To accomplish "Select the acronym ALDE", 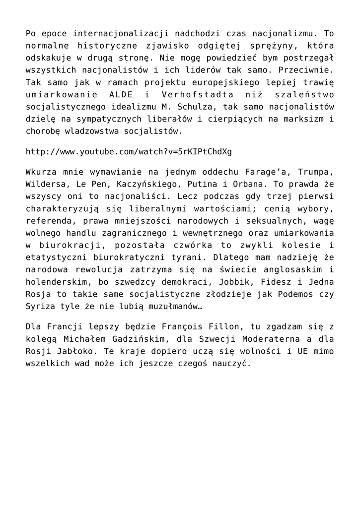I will pyautogui.click(x=119, y=95).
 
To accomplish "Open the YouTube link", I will pyautogui.click(x=129, y=151).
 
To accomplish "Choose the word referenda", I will pyautogui.click(x=47, y=220).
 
